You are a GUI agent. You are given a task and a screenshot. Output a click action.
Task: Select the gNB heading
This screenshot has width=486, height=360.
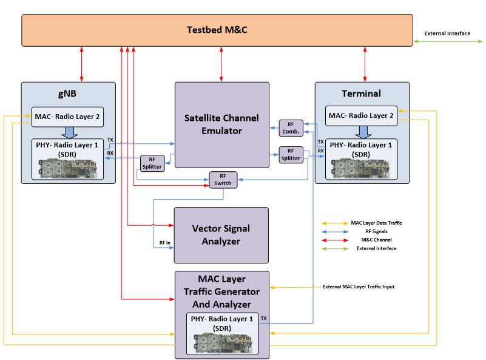pyautogui.click(x=67, y=93)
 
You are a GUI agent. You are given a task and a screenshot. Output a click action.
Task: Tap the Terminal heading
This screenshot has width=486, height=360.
pyautogui.click(x=362, y=93)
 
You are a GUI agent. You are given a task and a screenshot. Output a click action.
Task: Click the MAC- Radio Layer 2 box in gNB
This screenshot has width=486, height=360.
pyautogui.click(x=67, y=116)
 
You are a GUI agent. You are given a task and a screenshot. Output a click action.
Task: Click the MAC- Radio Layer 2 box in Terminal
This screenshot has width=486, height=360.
pyautogui.click(x=362, y=115)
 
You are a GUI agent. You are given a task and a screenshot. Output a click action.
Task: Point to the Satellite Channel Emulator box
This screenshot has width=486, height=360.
pyautogui.click(x=221, y=124)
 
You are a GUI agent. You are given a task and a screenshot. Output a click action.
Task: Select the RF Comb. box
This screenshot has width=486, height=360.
pyautogui.click(x=291, y=128)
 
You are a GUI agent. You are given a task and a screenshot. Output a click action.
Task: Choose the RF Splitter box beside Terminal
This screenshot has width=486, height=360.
pyautogui.click(x=291, y=155)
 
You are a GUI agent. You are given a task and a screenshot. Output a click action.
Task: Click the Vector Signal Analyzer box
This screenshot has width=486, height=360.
pyautogui.click(x=221, y=234)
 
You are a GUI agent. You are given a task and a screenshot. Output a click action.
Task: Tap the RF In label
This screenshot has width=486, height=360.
pyautogui.click(x=165, y=243)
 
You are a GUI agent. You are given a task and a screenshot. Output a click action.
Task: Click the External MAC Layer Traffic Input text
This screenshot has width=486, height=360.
pyautogui.click(x=358, y=287)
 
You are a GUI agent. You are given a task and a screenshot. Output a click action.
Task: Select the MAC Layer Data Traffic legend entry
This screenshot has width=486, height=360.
pyautogui.click(x=376, y=223)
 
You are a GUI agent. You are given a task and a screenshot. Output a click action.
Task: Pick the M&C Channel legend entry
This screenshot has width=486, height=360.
pyautogui.click(x=365, y=240)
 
